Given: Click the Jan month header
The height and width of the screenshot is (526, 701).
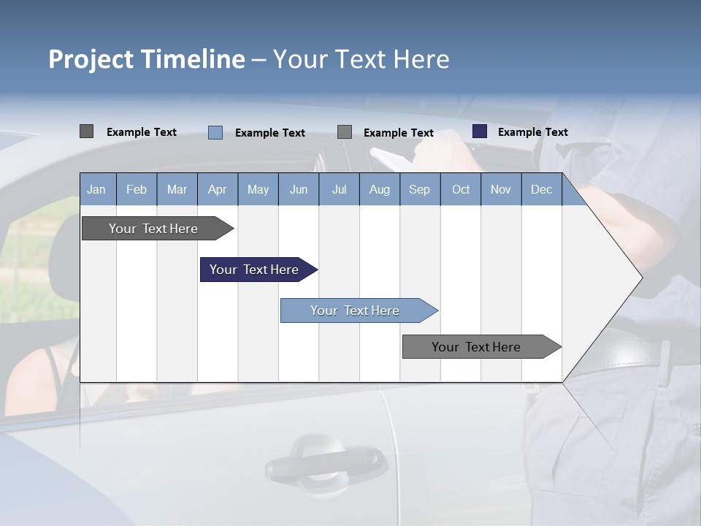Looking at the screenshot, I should (96, 189).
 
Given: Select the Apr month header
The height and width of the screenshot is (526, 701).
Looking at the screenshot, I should (217, 189).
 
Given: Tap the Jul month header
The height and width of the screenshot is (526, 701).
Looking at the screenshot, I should (339, 189).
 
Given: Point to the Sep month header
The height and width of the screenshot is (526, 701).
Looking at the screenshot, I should (419, 189).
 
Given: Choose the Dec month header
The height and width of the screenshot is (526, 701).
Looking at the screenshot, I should (541, 189).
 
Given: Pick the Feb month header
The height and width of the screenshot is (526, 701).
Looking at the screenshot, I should (137, 189).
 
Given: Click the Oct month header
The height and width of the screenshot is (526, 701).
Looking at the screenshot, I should (461, 189).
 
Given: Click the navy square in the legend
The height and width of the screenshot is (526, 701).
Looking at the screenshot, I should (480, 131).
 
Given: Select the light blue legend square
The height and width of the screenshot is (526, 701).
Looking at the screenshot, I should (215, 132).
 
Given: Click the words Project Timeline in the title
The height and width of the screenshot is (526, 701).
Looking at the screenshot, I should (147, 59).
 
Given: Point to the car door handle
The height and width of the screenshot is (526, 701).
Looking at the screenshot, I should (325, 461).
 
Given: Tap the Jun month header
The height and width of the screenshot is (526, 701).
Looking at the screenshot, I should (299, 189).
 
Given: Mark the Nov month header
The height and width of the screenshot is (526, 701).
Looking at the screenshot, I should (501, 189).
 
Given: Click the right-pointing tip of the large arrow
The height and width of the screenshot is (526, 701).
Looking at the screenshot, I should (640, 277).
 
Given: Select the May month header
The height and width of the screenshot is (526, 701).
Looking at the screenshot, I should (258, 189).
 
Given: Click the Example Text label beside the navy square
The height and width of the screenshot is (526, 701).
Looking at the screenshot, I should (532, 131).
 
